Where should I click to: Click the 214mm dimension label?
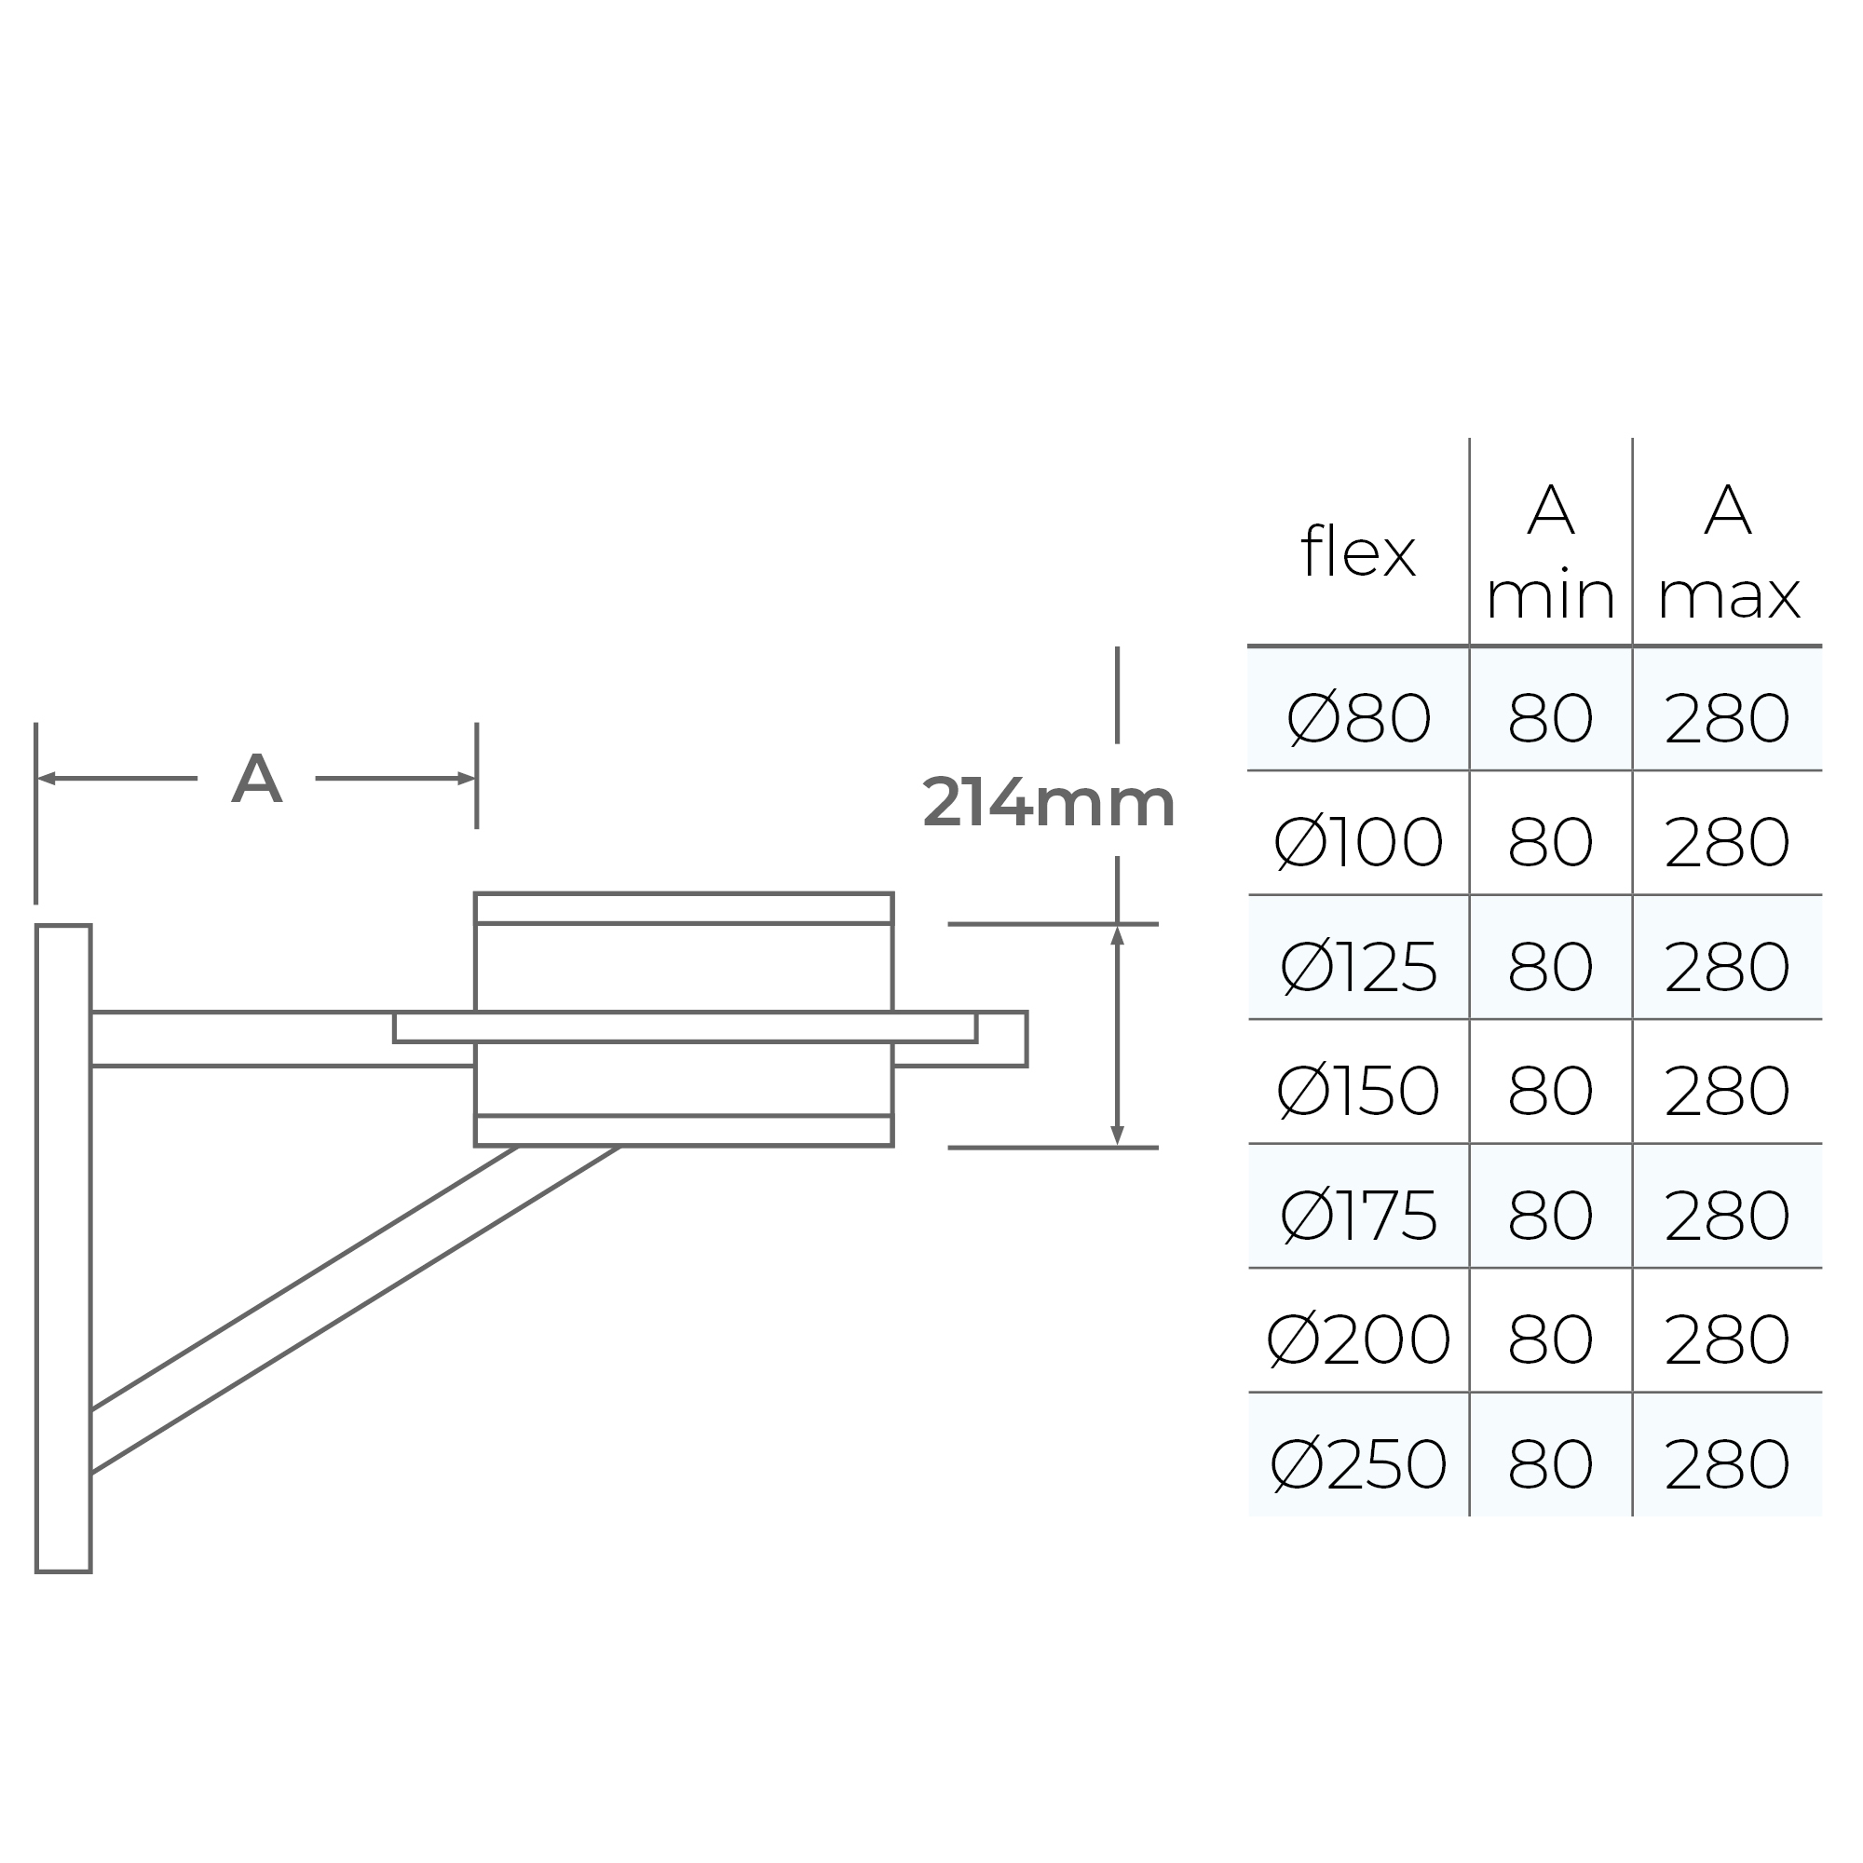point(1048,803)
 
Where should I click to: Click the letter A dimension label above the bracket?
point(256,779)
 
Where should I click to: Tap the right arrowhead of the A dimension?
point(467,778)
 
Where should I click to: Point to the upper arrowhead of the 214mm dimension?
point(1118,935)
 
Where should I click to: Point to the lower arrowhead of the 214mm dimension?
point(1118,1135)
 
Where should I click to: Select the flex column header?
point(1358,553)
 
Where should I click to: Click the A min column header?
point(1551,553)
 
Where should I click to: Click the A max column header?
point(1727,553)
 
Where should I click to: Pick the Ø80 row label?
point(1358,719)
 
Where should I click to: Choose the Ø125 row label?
point(1358,967)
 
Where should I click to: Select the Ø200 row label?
point(1358,1340)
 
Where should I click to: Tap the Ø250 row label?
point(1358,1464)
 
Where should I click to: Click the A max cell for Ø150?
point(1727,1092)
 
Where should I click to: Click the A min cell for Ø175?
point(1551,1216)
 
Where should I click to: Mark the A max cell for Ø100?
point(1727,843)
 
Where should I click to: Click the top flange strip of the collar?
point(684,908)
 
